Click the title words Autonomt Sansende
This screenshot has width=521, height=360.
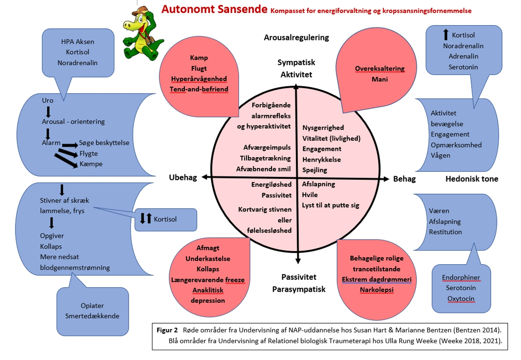coord(214,9)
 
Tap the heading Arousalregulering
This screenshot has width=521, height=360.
coord(296,38)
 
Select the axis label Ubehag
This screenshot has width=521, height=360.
coord(183,177)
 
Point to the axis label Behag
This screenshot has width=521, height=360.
coord(404,179)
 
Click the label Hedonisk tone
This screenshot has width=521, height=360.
coord(472,179)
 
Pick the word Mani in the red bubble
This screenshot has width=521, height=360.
coord(379,79)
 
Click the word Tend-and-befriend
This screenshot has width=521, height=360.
coord(199,89)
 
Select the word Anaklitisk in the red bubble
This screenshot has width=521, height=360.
coord(208,290)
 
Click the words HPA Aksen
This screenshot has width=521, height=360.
coord(78,42)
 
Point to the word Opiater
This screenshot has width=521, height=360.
coord(92,305)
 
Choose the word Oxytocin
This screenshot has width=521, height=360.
coord(461,298)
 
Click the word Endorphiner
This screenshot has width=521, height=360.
coord(461,277)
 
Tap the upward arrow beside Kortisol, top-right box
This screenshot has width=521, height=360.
coord(446,35)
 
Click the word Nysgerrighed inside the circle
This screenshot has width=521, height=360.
coord(323,127)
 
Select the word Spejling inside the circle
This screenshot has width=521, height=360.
coord(315,170)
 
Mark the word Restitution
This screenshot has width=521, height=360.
coord(445,232)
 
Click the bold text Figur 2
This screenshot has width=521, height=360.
coord(167,330)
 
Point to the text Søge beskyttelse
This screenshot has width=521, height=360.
coord(104,143)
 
